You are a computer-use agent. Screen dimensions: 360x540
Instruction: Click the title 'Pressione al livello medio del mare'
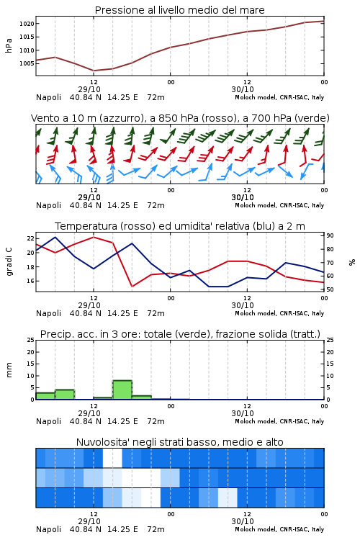(x=179, y=10)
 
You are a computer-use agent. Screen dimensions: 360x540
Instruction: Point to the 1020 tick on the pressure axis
(x=27, y=24)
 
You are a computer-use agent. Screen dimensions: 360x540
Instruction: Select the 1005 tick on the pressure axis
(x=27, y=63)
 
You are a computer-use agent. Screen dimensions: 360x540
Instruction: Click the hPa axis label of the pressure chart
(x=9, y=45)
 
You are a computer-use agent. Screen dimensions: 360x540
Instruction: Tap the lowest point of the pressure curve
(x=94, y=71)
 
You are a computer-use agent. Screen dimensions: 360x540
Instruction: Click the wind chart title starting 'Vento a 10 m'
(x=180, y=118)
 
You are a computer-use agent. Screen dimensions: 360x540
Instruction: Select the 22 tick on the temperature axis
(x=31, y=238)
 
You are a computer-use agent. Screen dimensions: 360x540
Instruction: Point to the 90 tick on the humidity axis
(x=330, y=235)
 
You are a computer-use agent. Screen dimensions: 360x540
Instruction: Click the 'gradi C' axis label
(x=9, y=262)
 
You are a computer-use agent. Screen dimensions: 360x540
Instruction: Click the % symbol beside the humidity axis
(x=352, y=262)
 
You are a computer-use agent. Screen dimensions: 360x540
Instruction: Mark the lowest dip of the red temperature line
(x=132, y=286)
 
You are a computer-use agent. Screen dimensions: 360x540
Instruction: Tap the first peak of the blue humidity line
(x=55, y=237)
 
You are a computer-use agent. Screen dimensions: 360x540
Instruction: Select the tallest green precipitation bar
(x=122, y=390)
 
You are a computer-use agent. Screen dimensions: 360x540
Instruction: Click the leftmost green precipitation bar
(x=45, y=396)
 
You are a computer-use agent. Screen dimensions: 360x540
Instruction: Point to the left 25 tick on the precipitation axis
(x=31, y=340)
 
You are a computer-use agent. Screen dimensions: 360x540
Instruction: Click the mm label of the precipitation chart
(x=9, y=370)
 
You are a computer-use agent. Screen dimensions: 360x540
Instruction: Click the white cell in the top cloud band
(x=112, y=458)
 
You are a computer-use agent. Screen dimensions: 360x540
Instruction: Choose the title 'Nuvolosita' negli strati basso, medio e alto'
(x=179, y=442)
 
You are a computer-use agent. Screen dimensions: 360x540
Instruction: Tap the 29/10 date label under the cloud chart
(x=89, y=521)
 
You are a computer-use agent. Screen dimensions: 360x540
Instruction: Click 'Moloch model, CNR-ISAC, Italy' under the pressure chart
(x=279, y=97)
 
